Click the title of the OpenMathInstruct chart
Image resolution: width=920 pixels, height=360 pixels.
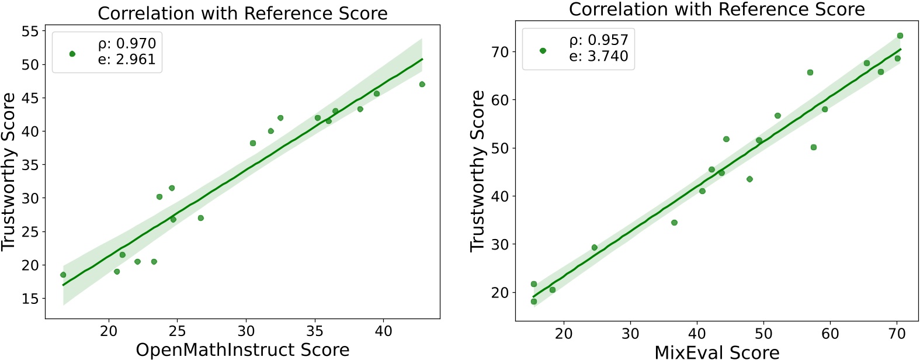(x=242, y=13)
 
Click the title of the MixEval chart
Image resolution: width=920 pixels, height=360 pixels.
(x=717, y=9)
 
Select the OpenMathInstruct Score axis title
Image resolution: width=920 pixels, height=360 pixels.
(x=242, y=349)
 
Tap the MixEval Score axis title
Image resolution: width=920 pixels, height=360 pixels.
(x=717, y=352)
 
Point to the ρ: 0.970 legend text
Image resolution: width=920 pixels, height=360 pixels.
(x=127, y=44)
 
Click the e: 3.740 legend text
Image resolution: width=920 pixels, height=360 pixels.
(x=599, y=56)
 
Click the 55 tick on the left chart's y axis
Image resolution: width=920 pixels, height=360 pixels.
(x=30, y=32)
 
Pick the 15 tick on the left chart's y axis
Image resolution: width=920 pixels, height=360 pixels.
(x=30, y=299)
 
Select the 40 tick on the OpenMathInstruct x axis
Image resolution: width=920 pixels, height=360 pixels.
(x=383, y=331)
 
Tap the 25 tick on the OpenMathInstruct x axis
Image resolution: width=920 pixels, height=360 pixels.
(x=177, y=331)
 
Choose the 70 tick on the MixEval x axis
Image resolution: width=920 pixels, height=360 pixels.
(x=897, y=334)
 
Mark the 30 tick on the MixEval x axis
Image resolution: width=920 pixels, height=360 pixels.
(x=630, y=334)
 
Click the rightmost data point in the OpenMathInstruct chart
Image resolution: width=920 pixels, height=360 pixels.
(x=422, y=84)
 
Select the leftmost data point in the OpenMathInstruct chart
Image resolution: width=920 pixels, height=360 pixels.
(x=63, y=275)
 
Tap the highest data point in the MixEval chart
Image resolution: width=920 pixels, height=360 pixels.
(x=900, y=36)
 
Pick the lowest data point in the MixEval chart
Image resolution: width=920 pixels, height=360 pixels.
(x=533, y=302)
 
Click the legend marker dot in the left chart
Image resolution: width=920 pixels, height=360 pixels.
(x=72, y=54)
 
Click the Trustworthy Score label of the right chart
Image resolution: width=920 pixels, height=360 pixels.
(x=477, y=171)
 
